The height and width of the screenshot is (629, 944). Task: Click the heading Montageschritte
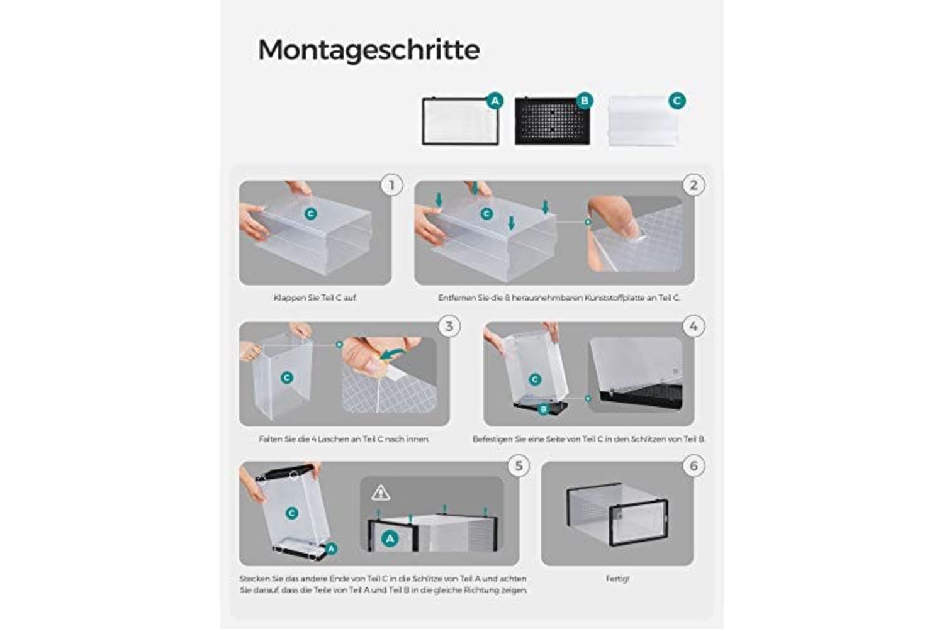pos(369,50)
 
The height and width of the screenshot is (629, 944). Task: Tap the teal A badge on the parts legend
pos(495,101)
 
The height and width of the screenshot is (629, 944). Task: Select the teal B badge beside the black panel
pos(585,101)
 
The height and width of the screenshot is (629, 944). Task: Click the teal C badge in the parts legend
pos(677,101)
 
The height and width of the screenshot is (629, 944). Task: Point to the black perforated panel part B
pos(552,121)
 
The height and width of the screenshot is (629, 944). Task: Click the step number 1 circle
pos(391,186)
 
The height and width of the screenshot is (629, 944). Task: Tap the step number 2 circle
pos(694,186)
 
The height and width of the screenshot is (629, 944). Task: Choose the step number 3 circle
pos(449,326)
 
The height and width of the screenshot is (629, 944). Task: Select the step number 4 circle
pos(694,326)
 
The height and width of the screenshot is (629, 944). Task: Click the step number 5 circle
pos(519,466)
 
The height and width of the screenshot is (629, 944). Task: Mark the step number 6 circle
pos(694,466)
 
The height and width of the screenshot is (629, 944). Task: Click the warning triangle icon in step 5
pos(381,493)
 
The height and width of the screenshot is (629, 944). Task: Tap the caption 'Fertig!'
pos(617,579)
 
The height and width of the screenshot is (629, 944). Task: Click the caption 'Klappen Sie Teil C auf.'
pos(315,298)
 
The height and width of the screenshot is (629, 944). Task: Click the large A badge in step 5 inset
pos(390,538)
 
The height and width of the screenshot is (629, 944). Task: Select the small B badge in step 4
pos(543,409)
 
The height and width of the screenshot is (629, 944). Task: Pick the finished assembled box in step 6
pos(617,514)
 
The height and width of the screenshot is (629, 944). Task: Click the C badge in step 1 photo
pos(311,214)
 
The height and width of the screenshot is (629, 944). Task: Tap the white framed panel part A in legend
pos(460,121)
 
